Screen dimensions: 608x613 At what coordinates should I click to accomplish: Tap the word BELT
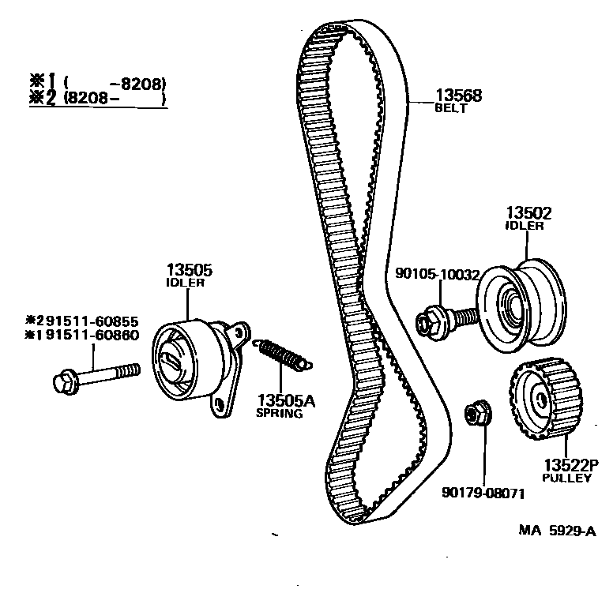451,109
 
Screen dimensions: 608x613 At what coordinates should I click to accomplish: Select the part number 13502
528,213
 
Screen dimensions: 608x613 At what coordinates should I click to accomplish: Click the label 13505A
284,400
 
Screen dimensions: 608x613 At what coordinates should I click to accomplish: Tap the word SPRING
279,413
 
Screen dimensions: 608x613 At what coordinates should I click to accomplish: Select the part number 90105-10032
437,275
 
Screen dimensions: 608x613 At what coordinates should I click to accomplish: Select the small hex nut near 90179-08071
476,413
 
